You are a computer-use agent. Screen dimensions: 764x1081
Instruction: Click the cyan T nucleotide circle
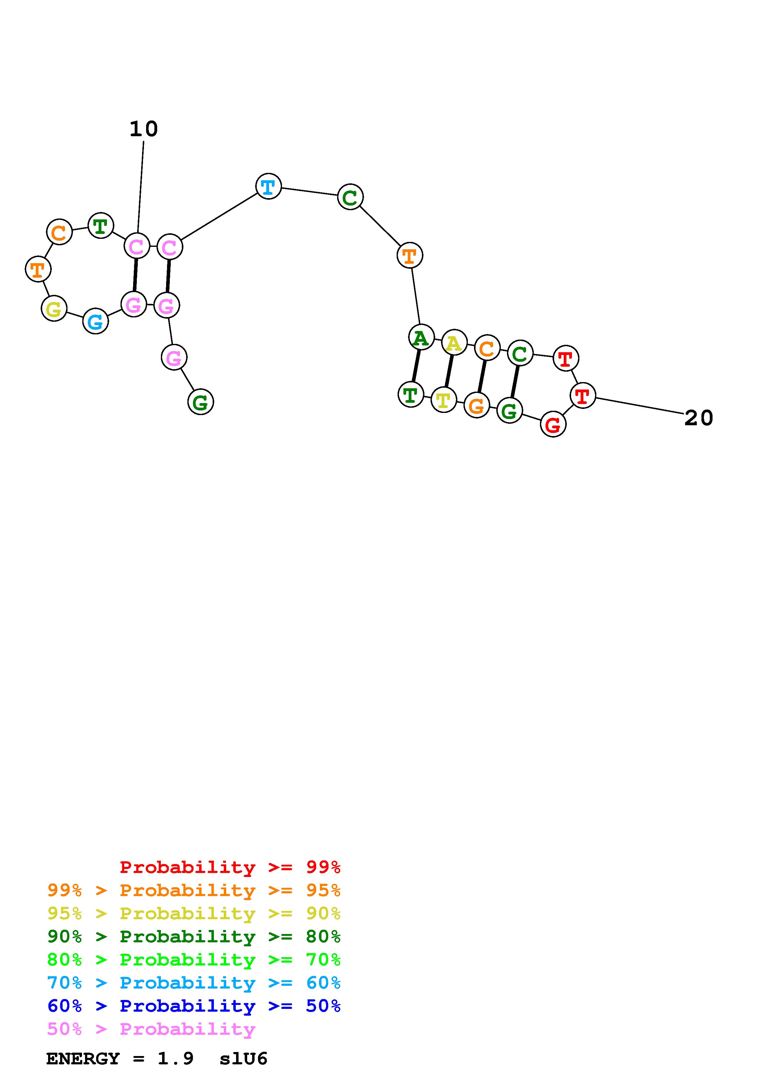tap(268, 186)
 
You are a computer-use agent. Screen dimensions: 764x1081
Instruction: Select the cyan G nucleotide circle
tap(96, 322)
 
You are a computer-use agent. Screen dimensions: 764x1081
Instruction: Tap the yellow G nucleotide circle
tap(54, 309)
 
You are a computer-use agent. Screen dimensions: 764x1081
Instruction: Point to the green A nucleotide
tap(421, 337)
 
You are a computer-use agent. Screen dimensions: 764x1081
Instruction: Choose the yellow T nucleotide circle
tap(443, 400)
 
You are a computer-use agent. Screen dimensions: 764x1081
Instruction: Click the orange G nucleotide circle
tap(476, 406)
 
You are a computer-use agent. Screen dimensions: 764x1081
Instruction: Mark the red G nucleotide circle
tap(553, 424)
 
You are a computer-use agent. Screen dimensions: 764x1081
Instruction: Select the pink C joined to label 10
tap(137, 246)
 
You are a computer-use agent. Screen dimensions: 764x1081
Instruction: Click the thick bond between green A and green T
tap(416, 366)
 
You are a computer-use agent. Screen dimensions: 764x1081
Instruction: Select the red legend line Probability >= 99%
tap(230, 867)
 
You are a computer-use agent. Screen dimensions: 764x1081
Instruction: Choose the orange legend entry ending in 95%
tap(194, 890)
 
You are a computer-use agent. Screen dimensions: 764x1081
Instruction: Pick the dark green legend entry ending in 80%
tap(194, 936)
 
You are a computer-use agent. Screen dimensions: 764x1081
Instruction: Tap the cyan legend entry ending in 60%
tap(194, 983)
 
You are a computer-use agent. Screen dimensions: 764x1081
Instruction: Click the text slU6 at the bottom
tap(243, 1059)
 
